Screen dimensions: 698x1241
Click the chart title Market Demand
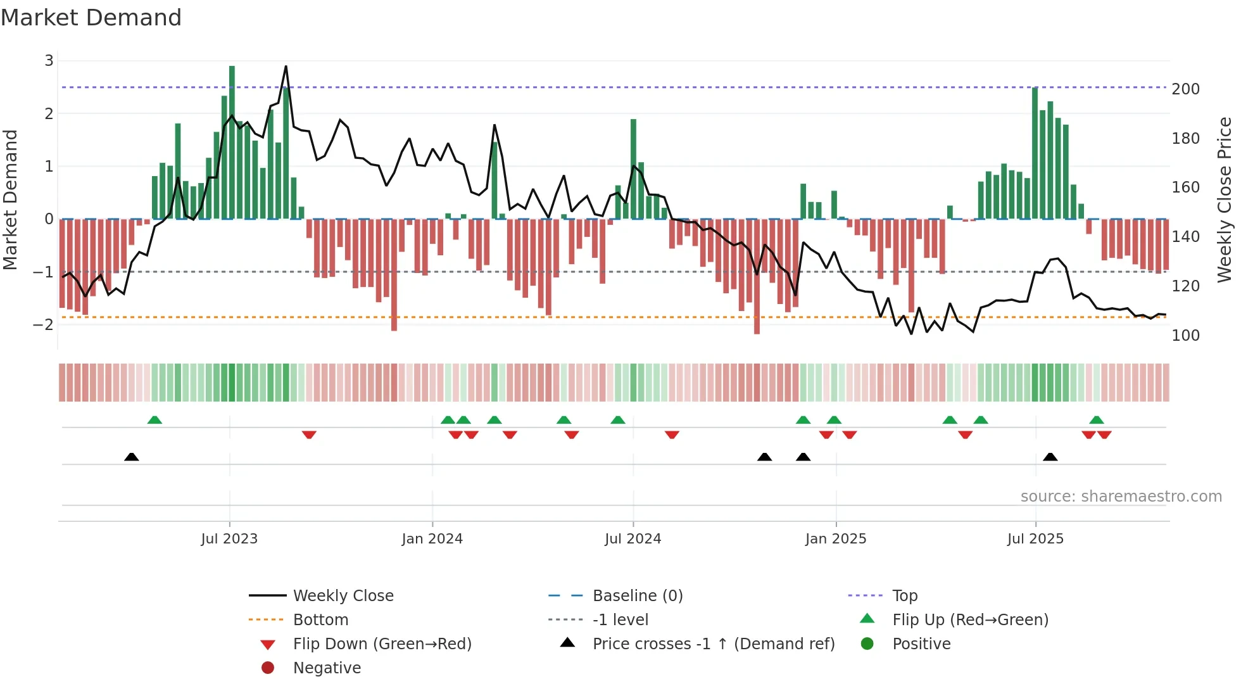click(x=91, y=18)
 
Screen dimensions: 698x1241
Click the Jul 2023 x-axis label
click(x=229, y=539)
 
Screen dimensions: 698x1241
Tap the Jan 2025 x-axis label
click(x=836, y=539)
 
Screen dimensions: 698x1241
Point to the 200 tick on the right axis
click(x=1185, y=89)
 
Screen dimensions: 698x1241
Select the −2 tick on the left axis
click(x=43, y=325)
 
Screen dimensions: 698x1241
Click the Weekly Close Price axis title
click(x=1225, y=200)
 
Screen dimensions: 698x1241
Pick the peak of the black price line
click(x=286, y=67)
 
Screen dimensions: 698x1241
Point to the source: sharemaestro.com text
click(x=1121, y=497)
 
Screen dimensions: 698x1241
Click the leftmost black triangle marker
click(x=132, y=457)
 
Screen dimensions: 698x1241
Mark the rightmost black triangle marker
click(x=1050, y=457)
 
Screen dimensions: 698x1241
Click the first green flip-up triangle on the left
click(x=154, y=420)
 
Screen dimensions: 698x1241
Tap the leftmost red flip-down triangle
click(x=309, y=435)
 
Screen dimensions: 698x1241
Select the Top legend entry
click(x=904, y=596)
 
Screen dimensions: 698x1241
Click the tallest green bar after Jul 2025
click(x=1035, y=152)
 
